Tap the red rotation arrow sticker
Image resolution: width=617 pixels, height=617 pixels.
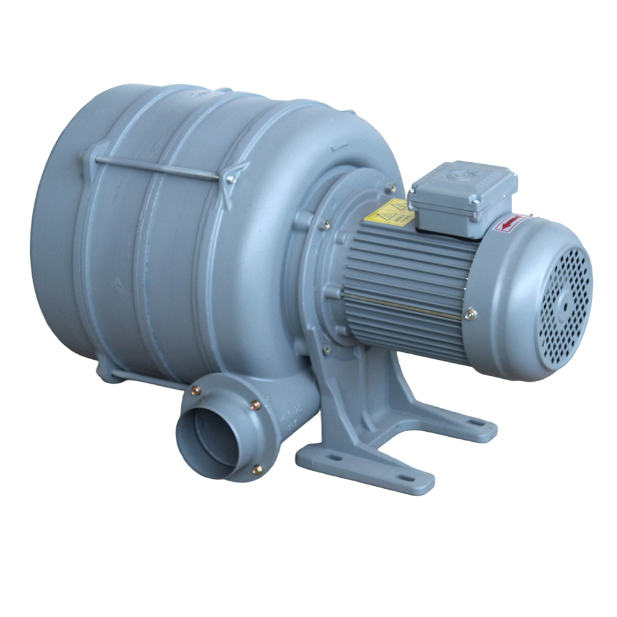coord(511,223)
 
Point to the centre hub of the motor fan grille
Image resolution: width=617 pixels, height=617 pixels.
coord(565,304)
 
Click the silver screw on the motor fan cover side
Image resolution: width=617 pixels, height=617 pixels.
coord(471,314)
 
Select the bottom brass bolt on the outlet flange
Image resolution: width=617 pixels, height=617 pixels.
coord(257,470)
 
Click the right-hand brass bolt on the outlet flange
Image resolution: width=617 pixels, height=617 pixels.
coord(255,405)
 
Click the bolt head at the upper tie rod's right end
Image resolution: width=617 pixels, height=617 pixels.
coord(230,179)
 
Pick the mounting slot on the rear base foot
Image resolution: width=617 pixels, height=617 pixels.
coord(475,423)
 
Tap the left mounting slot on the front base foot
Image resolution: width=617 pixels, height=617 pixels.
coord(334,458)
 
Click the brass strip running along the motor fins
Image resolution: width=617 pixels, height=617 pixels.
coord(401,305)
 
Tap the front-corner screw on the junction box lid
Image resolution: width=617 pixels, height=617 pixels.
coord(476,201)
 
